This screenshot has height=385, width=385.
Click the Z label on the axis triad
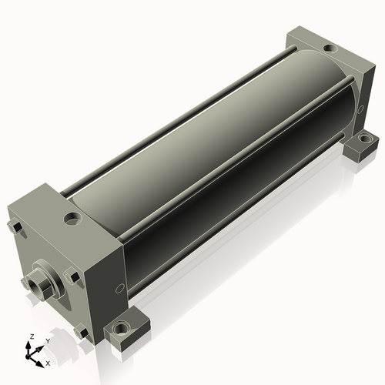[32, 336]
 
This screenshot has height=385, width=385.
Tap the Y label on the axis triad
[48, 341]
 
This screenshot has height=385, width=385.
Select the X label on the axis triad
[48, 363]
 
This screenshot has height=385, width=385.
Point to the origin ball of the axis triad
[28, 357]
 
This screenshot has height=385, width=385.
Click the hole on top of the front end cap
[73, 219]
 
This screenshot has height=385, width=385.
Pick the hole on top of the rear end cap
[330, 48]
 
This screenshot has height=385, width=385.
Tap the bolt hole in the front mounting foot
[120, 328]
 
